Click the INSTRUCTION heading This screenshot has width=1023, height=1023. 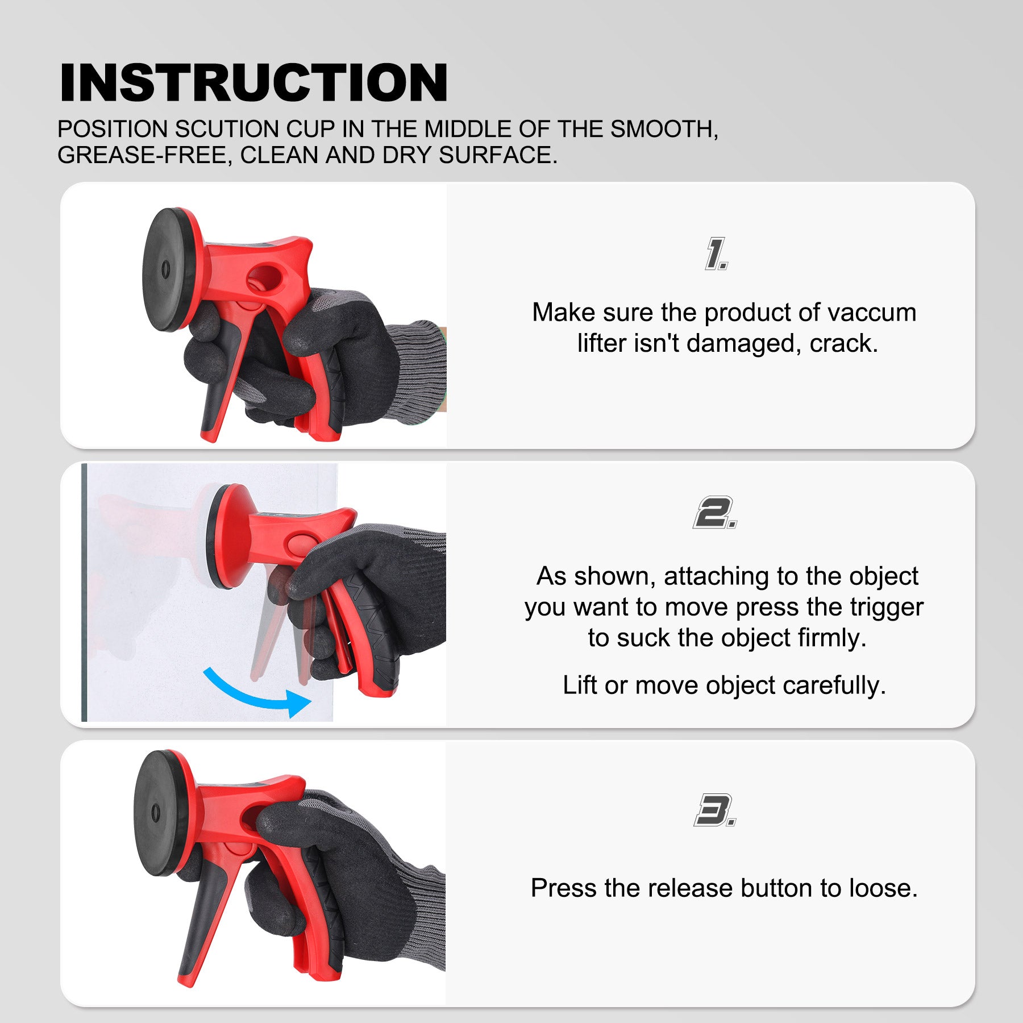[x=253, y=82]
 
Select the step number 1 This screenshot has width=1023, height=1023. [x=716, y=253]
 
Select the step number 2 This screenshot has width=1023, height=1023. [x=715, y=513]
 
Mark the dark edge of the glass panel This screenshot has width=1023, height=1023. [x=84, y=592]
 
